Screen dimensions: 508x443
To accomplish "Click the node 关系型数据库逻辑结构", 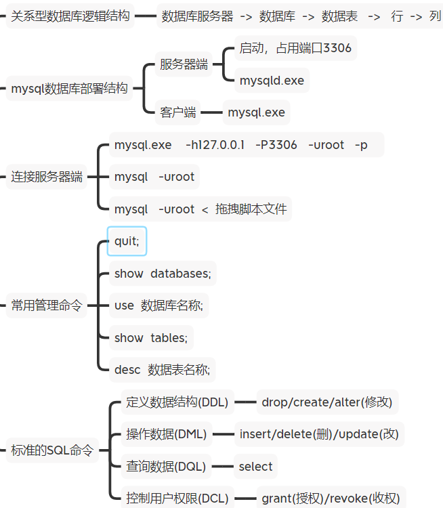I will point(70,16).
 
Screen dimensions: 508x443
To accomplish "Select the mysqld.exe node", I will point(272,81).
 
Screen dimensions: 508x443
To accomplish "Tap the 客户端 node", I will point(178,112).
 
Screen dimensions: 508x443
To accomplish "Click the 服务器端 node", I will point(184,65).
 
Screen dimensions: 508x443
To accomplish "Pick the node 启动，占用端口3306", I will point(295,48).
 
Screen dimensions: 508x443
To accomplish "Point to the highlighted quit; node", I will point(127,241).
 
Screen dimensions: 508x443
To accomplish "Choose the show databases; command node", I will point(163,274).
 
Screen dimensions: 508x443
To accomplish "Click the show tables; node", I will point(150,337).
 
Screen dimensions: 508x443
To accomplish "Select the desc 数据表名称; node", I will point(162,370).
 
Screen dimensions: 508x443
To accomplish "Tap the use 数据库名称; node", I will point(158,305).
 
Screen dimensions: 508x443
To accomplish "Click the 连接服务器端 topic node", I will point(47,177).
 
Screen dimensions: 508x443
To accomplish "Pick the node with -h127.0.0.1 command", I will point(240,145).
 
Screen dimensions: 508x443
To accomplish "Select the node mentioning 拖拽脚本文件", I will point(201,209).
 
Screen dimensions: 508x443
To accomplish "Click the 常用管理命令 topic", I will point(47,305).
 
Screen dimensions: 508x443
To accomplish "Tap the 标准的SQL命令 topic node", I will point(52,450).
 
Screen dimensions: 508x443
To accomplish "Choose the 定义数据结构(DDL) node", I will point(177,402).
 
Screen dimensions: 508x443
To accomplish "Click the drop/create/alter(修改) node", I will point(326,402).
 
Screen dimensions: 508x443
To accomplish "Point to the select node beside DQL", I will point(255,466).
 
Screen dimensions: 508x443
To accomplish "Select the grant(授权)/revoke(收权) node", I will point(331,499).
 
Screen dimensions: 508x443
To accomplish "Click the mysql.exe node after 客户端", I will point(256,112).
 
